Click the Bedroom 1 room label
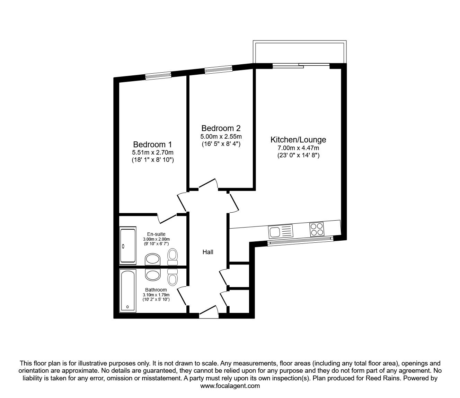(152, 144)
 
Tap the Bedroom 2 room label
(221, 128)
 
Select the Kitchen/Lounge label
(298, 140)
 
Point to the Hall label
(208, 252)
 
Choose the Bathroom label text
(156, 290)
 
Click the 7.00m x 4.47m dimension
(298, 148)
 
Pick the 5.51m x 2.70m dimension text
(152, 152)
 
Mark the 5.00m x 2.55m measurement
(221, 136)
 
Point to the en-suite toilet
(172, 256)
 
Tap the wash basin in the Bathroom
(152, 275)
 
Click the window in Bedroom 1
(158, 75)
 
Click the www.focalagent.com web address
(230, 386)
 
